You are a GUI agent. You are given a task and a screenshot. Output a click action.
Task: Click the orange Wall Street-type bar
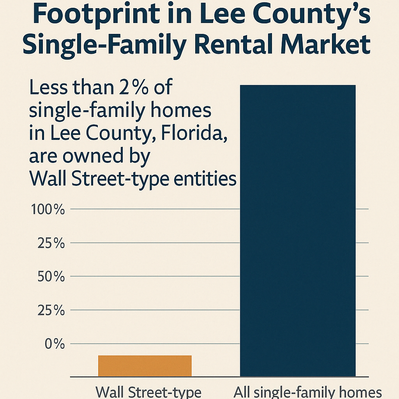click(145, 366)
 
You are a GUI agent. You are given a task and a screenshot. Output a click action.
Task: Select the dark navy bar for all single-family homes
click(298, 230)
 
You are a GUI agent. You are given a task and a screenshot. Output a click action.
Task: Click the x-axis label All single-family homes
click(307, 392)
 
